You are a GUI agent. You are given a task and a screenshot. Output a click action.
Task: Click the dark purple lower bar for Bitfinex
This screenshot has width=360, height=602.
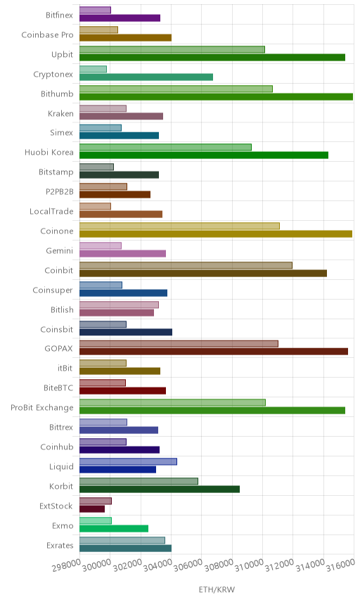(x=120, y=18)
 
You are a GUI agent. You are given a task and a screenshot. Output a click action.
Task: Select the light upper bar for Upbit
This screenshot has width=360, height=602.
(x=172, y=49)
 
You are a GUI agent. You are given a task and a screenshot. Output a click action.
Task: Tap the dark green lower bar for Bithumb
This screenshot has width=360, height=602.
(x=216, y=97)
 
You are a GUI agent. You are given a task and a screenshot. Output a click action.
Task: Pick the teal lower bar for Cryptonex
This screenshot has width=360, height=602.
(x=146, y=77)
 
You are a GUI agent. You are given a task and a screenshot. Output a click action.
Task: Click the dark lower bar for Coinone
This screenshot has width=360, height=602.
(x=216, y=233)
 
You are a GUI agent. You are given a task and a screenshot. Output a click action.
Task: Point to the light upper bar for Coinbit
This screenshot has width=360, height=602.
(x=186, y=265)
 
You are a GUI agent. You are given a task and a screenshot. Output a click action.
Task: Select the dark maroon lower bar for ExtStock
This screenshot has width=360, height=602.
(x=92, y=508)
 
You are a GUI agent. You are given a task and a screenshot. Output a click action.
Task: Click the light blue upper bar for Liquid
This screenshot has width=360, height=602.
(x=128, y=461)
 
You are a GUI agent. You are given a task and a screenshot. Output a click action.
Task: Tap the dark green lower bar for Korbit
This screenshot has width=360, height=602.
(x=160, y=489)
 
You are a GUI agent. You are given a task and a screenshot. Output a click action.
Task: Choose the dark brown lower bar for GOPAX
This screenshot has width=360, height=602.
(x=214, y=352)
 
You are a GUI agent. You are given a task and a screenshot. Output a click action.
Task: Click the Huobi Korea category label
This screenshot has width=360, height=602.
(x=49, y=153)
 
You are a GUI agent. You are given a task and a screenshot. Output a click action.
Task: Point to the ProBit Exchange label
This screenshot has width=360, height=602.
(x=41, y=408)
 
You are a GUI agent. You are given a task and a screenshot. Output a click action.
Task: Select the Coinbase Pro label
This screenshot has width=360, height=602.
(x=47, y=35)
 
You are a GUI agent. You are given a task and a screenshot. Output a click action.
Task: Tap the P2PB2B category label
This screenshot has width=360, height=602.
(x=60, y=191)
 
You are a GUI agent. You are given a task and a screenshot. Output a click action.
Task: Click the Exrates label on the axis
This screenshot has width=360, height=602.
(x=60, y=546)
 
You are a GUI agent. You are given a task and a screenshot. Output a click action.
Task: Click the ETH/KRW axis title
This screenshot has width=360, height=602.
(x=217, y=590)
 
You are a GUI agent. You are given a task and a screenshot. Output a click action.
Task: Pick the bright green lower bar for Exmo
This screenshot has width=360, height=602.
(x=114, y=529)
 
